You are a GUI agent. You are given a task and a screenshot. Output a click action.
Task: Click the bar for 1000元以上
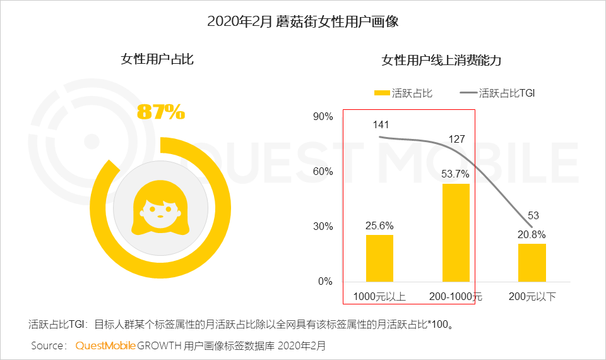[x=379, y=258]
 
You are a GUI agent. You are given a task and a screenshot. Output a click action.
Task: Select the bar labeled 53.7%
[x=456, y=232]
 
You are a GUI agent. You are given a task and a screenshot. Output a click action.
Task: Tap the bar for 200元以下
[x=532, y=263]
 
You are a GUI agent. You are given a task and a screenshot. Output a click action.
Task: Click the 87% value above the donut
[x=161, y=112]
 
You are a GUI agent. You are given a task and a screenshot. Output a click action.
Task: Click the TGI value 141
[x=381, y=124]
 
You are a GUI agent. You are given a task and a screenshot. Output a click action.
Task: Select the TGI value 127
[x=456, y=139]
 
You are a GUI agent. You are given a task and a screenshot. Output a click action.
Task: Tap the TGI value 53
[x=533, y=215]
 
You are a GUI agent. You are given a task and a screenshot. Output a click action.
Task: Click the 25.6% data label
[x=379, y=225]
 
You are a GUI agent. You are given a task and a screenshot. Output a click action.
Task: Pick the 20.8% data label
[x=532, y=234]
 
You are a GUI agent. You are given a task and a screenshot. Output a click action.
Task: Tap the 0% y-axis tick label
[x=325, y=282]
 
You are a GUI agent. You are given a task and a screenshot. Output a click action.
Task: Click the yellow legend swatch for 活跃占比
[x=381, y=93]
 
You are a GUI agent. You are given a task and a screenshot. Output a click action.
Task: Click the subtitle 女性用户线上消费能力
[x=441, y=61]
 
